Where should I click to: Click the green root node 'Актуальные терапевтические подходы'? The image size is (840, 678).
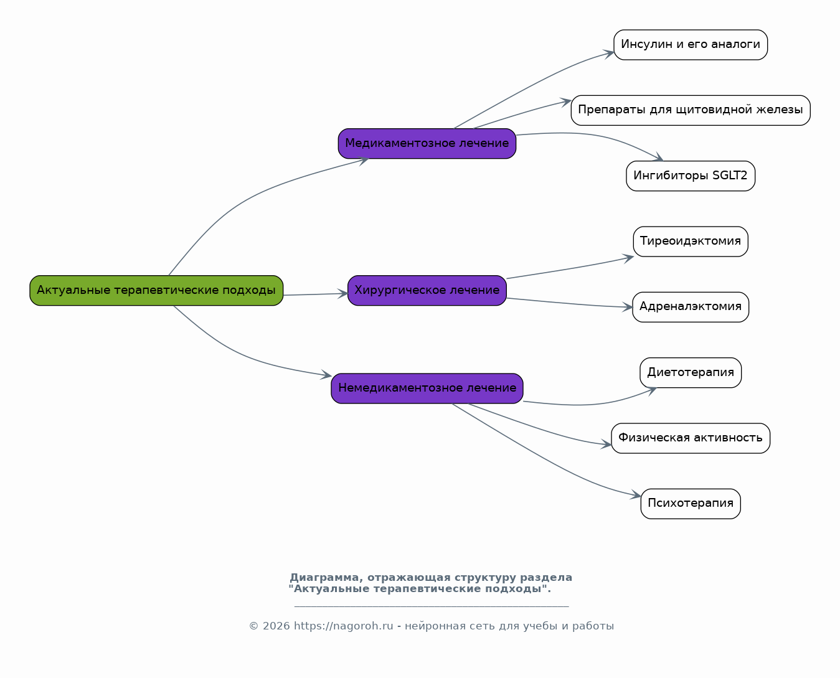tap(156, 291)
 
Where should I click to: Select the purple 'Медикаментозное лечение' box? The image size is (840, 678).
tap(427, 143)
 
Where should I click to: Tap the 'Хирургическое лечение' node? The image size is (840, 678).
tap(427, 291)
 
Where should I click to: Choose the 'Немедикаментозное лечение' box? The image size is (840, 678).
tap(427, 388)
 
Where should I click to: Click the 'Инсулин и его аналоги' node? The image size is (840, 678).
tap(691, 45)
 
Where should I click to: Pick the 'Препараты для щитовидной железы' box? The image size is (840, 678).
tap(691, 110)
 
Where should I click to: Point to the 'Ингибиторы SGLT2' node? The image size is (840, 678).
tap(691, 176)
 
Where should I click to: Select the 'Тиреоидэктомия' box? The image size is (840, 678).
tap(691, 242)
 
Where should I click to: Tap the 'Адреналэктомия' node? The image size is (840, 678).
tap(691, 307)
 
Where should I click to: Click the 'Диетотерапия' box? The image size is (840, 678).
tap(691, 373)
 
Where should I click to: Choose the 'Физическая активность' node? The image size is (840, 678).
tap(691, 438)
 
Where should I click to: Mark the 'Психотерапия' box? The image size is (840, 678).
tap(691, 504)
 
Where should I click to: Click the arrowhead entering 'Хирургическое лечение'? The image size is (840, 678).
tap(342, 294)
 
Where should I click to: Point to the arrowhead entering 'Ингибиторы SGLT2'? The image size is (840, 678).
tap(658, 157)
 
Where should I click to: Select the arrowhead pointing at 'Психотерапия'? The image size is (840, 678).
tap(636, 495)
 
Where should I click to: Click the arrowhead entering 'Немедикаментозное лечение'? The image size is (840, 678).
tap(326, 375)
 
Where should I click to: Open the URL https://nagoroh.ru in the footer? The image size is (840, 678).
tap(344, 626)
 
